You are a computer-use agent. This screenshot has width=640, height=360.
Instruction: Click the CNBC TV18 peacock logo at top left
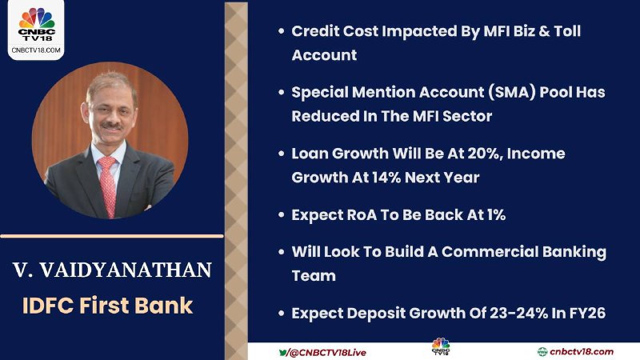click(x=36, y=25)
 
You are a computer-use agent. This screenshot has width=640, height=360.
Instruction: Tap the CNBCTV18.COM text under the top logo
click(x=36, y=50)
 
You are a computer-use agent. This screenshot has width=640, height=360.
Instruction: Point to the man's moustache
click(x=111, y=126)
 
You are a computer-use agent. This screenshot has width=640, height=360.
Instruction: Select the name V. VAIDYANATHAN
click(x=112, y=270)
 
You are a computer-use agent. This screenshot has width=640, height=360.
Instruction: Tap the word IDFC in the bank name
click(x=47, y=306)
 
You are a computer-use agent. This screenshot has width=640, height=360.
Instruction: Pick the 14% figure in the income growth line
click(x=386, y=178)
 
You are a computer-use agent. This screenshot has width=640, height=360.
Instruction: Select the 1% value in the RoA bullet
click(x=497, y=214)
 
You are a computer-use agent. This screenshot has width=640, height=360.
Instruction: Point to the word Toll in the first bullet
click(x=567, y=31)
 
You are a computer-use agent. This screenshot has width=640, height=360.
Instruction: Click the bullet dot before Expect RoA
click(x=282, y=214)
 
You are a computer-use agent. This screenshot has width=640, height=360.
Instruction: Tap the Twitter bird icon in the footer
click(x=283, y=352)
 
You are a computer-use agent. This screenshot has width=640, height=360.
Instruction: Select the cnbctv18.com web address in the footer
click(x=582, y=352)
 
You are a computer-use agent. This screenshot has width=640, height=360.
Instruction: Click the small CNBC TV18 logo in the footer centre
click(x=441, y=346)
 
